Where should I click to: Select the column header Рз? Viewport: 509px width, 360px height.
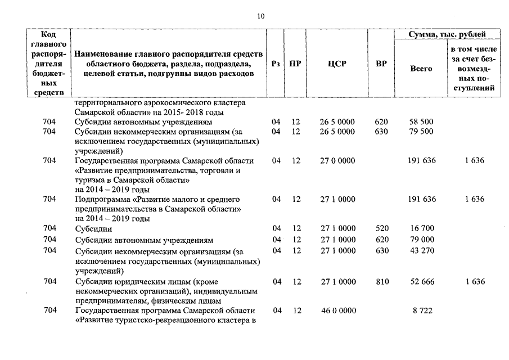pos(276,64)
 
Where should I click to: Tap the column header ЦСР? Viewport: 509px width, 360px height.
pos(337,64)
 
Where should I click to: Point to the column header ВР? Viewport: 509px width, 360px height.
pos(381,64)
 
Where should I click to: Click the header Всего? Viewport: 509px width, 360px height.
pos(421,68)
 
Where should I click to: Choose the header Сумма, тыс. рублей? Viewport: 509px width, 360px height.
pos(448,35)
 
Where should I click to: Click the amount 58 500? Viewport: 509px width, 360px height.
pos(422,121)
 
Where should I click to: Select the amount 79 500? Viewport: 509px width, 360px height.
pos(422,132)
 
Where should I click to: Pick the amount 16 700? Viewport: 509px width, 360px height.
pos(422,228)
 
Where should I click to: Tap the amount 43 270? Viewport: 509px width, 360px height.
pos(422,250)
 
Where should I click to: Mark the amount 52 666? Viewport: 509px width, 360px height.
pos(422,281)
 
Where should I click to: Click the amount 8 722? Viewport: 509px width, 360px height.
pos(422,310)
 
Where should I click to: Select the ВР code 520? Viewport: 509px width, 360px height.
pos(382,228)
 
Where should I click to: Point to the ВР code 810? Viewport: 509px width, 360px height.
pos(382,281)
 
